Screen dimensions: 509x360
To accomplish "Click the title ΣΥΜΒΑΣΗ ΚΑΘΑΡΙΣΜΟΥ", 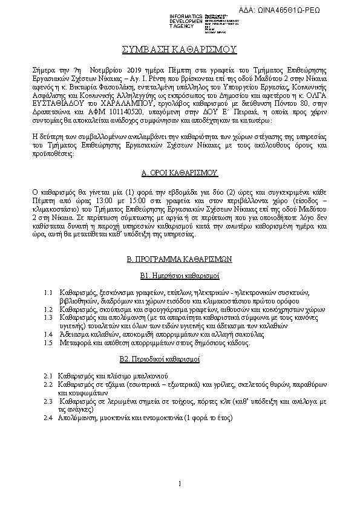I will coord(180,48).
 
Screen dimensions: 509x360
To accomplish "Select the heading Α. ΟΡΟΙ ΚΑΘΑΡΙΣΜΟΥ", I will coord(179,172).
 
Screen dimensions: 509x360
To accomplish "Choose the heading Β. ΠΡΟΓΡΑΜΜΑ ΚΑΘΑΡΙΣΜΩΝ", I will coord(179,259).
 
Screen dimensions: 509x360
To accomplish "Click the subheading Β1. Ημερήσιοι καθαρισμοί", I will coord(179,276).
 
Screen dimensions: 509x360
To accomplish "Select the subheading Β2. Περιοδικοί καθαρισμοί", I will coord(179,359).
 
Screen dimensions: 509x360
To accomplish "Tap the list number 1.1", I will coord(49,293).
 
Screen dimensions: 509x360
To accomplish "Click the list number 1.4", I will coord(49,334).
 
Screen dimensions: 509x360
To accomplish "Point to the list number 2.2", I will coord(48,384).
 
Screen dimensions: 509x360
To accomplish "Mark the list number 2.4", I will coord(48,418).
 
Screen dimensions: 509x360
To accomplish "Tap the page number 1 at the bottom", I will coord(180,483).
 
